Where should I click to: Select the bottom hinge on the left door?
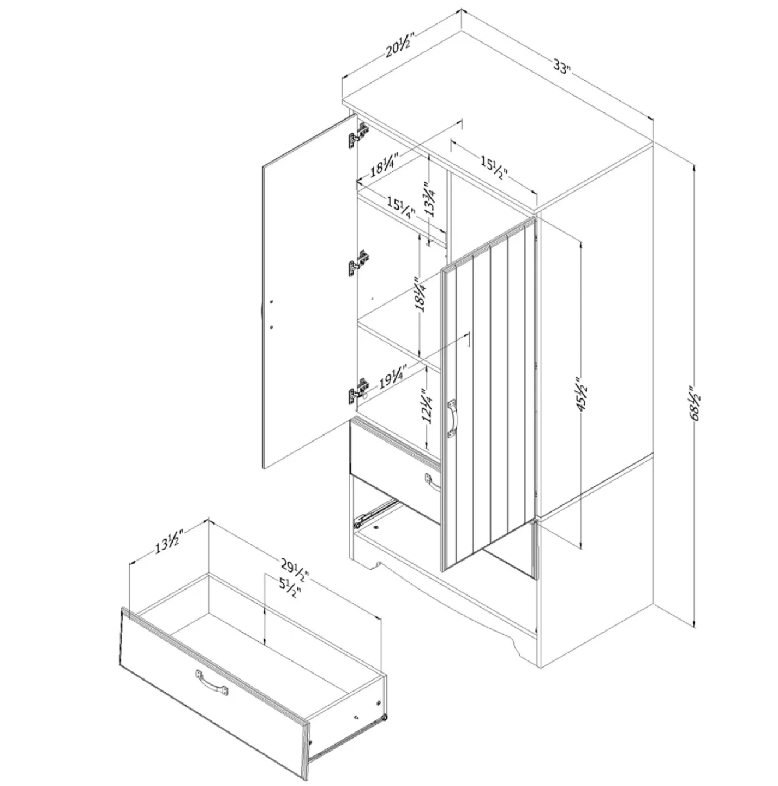[x=358, y=390]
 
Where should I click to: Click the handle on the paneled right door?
[x=453, y=419]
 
